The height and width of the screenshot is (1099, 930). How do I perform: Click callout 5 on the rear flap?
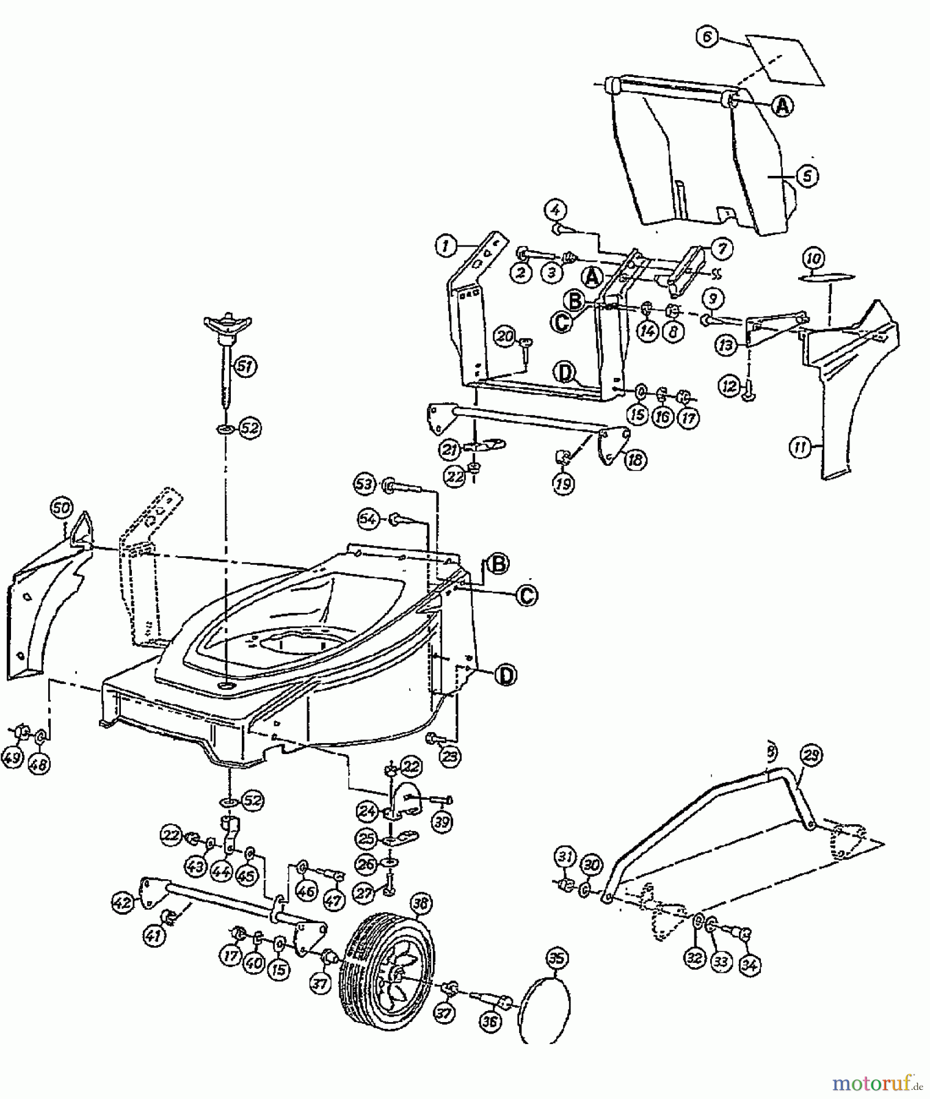point(807,176)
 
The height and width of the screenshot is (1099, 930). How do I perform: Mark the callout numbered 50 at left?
point(62,508)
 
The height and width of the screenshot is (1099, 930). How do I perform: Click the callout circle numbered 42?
point(123,902)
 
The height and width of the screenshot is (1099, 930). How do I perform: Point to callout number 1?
point(446,246)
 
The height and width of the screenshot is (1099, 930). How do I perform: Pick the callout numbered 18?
point(634,459)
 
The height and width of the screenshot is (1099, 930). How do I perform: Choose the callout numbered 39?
point(442,822)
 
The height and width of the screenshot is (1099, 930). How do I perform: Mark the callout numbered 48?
point(40,763)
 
